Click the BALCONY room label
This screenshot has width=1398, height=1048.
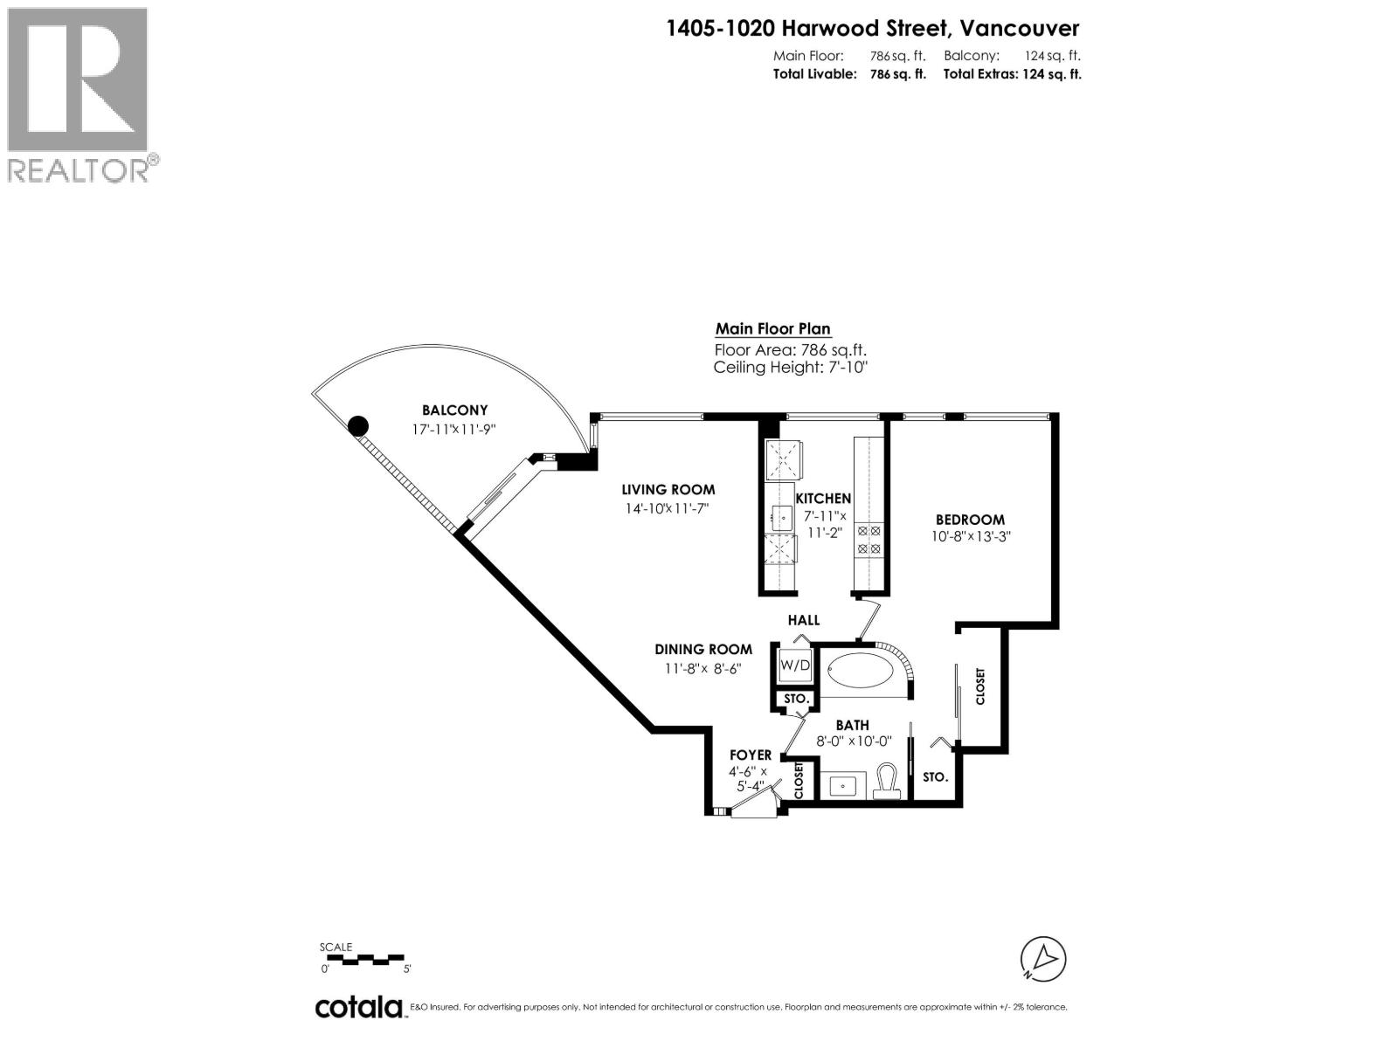[454, 410]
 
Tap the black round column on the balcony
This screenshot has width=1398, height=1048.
[357, 426]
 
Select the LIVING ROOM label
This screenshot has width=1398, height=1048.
[668, 490]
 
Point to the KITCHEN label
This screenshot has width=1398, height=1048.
[822, 499]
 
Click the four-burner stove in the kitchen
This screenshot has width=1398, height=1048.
[869, 539]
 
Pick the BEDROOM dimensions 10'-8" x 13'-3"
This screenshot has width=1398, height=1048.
[970, 537]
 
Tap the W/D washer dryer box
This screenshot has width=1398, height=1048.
[795, 665]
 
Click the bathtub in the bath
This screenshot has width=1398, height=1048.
[863, 673]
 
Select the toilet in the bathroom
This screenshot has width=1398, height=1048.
[887, 781]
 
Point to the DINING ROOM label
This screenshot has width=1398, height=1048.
[703, 649]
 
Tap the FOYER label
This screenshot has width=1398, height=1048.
[751, 755]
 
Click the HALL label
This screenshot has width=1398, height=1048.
[804, 620]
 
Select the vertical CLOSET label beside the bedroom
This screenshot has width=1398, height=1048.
[980, 686]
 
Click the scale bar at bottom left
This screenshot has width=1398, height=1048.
[363, 959]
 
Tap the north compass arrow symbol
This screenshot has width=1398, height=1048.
[1043, 959]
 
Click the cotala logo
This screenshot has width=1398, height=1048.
[359, 1007]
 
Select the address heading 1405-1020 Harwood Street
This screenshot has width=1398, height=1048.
[872, 28]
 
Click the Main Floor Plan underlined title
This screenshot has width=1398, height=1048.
[772, 329]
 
